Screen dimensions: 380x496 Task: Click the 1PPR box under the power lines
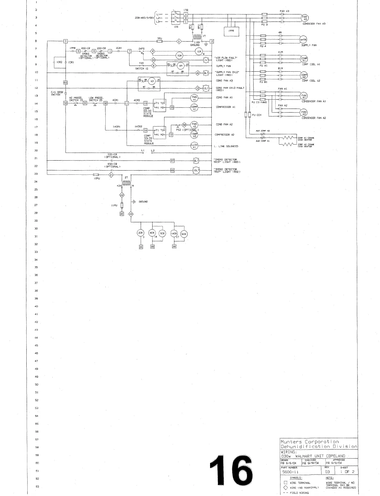point(231,31)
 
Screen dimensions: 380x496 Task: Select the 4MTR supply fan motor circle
point(304,40)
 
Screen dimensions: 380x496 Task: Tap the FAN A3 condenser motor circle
point(304,18)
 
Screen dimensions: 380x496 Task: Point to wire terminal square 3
point(66,41)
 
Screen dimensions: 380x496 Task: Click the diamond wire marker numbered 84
point(153,60)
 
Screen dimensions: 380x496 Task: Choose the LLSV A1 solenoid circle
point(194,146)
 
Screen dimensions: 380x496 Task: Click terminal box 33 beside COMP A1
point(172,107)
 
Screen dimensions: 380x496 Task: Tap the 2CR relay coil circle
point(140,234)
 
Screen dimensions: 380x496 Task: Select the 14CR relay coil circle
point(174,234)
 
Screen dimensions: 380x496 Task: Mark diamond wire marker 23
point(131,214)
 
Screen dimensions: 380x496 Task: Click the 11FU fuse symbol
point(122,205)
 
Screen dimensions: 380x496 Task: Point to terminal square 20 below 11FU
point(122,214)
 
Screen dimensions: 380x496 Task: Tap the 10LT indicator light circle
point(196,171)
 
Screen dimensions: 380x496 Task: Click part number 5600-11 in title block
point(289,472)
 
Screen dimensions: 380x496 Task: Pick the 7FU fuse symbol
point(159,41)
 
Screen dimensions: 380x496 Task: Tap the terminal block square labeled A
point(185,14)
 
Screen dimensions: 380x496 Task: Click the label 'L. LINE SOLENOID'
point(226,146)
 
